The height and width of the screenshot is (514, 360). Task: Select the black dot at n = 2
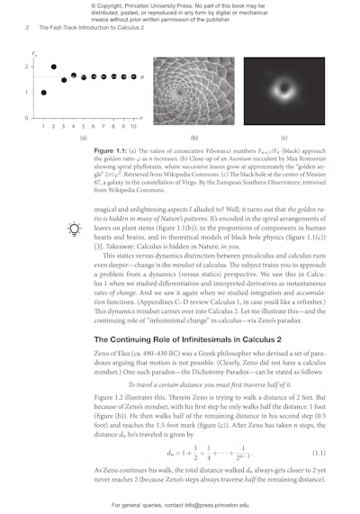click(x=54, y=68)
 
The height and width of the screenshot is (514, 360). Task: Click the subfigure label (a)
click(x=84, y=138)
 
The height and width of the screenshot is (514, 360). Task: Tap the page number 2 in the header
click(x=27, y=27)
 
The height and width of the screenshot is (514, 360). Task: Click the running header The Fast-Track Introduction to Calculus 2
click(x=89, y=27)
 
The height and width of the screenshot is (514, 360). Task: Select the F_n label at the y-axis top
click(x=37, y=55)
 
